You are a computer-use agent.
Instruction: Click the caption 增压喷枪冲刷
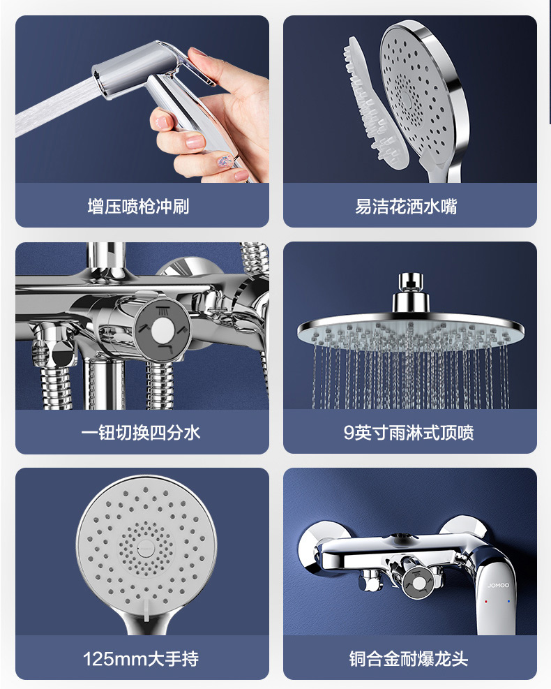tap(138, 207)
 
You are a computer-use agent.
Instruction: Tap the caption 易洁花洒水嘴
tap(406, 207)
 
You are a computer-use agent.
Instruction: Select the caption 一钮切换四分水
tap(140, 433)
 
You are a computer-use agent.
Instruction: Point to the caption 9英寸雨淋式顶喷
tap(409, 433)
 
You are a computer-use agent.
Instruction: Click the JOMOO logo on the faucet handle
tap(498, 585)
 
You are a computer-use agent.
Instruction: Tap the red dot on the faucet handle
tap(486, 601)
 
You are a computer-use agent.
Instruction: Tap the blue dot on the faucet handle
tap(509, 601)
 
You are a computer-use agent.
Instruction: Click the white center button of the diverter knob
tap(163, 330)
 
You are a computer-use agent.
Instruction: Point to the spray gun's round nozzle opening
tap(100, 80)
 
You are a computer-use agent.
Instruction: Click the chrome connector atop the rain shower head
tap(411, 293)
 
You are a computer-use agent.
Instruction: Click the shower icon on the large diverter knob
tap(163, 311)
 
